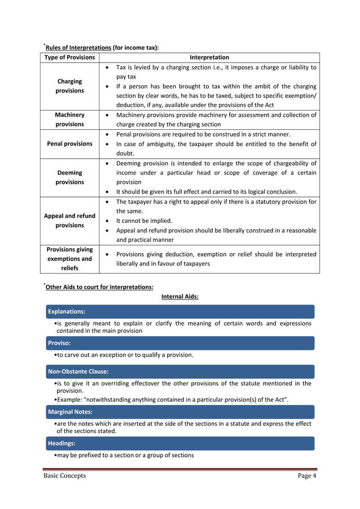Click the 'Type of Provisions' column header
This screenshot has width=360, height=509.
click(69, 58)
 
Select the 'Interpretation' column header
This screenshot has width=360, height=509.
click(209, 58)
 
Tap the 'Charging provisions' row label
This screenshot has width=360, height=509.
click(69, 86)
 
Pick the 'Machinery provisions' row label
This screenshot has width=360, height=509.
click(69, 120)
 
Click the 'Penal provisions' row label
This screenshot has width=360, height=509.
click(69, 144)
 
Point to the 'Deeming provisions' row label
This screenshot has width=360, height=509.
click(69, 178)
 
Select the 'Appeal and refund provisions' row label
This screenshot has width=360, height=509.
click(69, 221)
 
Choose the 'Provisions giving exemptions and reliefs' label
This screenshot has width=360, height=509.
click(69, 258)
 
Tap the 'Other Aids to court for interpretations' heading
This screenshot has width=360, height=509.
click(99, 287)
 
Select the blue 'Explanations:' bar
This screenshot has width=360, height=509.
click(180, 311)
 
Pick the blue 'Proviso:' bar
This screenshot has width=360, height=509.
click(180, 343)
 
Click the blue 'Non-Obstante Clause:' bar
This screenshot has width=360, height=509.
click(180, 372)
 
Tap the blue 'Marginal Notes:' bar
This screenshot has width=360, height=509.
click(180, 412)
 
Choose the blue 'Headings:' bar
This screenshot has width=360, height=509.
click(180, 444)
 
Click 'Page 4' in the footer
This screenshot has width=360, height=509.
click(307, 476)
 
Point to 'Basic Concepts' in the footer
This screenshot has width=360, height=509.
click(65, 476)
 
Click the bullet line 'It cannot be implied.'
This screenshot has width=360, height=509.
click(144, 221)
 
